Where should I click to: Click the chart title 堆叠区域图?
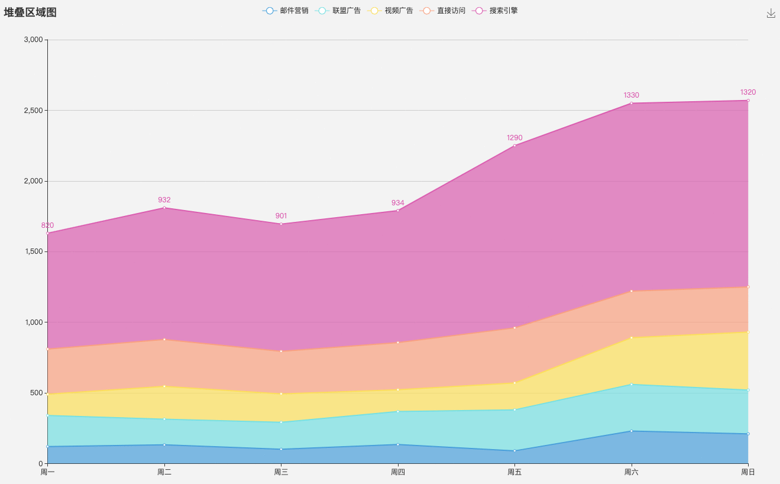[x=30, y=12]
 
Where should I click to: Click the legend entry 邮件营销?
[x=285, y=11]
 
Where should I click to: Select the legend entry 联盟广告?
[x=338, y=11]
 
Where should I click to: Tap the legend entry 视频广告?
[x=390, y=11]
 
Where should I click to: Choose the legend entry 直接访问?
[x=442, y=11]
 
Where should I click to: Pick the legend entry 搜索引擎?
[x=495, y=11]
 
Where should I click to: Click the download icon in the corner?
[x=771, y=14]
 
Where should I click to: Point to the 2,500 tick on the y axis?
[x=34, y=111]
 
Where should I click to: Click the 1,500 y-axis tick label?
[x=34, y=251]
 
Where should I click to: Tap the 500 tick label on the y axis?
[x=36, y=393]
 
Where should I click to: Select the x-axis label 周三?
[x=281, y=472]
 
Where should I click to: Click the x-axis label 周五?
[x=514, y=472]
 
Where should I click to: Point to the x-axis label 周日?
[x=748, y=472]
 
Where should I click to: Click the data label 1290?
[x=514, y=138]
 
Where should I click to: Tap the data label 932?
[x=164, y=199]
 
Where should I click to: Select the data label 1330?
[x=632, y=95]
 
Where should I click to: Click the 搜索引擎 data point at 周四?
[x=398, y=211]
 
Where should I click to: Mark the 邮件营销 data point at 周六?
[x=632, y=431]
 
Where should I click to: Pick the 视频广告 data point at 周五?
[x=514, y=383]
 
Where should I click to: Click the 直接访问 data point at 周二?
[x=164, y=340]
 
